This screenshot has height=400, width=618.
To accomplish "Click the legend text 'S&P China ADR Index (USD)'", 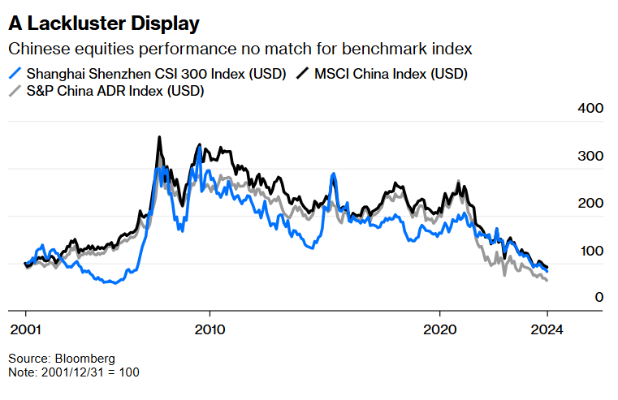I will coord(115,91).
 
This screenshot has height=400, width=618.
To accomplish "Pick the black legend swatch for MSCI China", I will coord(300,74).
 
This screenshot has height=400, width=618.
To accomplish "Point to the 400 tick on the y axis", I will coord(590,109).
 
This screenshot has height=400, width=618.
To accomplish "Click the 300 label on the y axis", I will coord(590,156).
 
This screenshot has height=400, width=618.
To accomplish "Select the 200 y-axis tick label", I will coord(590,204).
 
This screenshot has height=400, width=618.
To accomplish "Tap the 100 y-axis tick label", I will coord(590,251).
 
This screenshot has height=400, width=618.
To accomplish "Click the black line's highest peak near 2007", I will coord(159,137).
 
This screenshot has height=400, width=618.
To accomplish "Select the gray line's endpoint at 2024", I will coord(547,281).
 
